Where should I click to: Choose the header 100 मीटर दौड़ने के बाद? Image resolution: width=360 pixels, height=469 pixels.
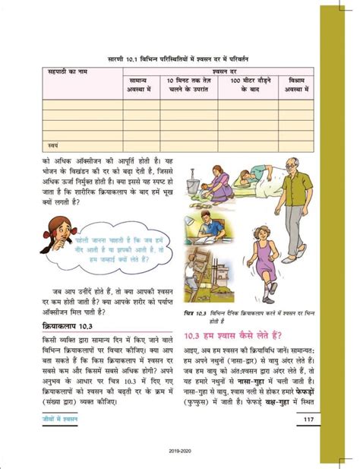pos(245,84)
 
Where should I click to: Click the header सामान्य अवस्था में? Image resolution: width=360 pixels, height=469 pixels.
pos(141,84)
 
